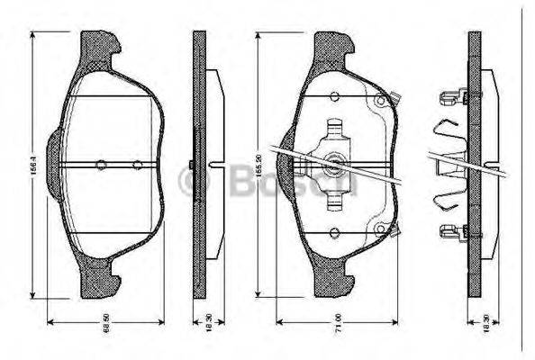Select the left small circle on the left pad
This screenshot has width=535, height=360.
coord(101,165)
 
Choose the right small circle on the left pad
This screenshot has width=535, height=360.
coord(137,165)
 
